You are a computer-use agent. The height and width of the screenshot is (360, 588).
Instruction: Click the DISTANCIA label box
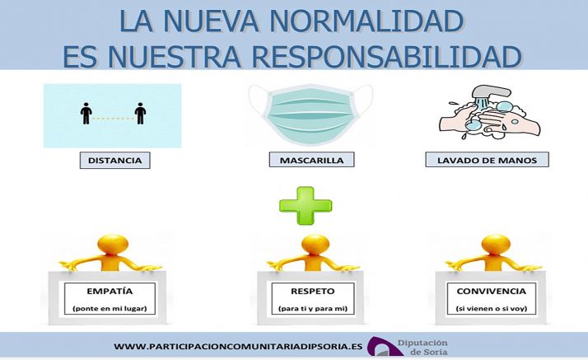pyautogui.click(x=115, y=160)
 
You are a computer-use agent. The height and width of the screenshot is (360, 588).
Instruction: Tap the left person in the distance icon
pyautogui.click(x=86, y=113)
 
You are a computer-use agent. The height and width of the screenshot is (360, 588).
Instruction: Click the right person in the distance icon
pyautogui.click(x=140, y=113)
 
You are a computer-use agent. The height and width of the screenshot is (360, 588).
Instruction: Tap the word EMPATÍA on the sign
pyautogui.click(x=110, y=291)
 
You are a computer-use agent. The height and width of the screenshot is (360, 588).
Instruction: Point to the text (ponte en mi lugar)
pyautogui.click(x=110, y=308)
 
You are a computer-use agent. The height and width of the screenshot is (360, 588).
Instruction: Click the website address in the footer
pyautogui.click(x=238, y=347)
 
